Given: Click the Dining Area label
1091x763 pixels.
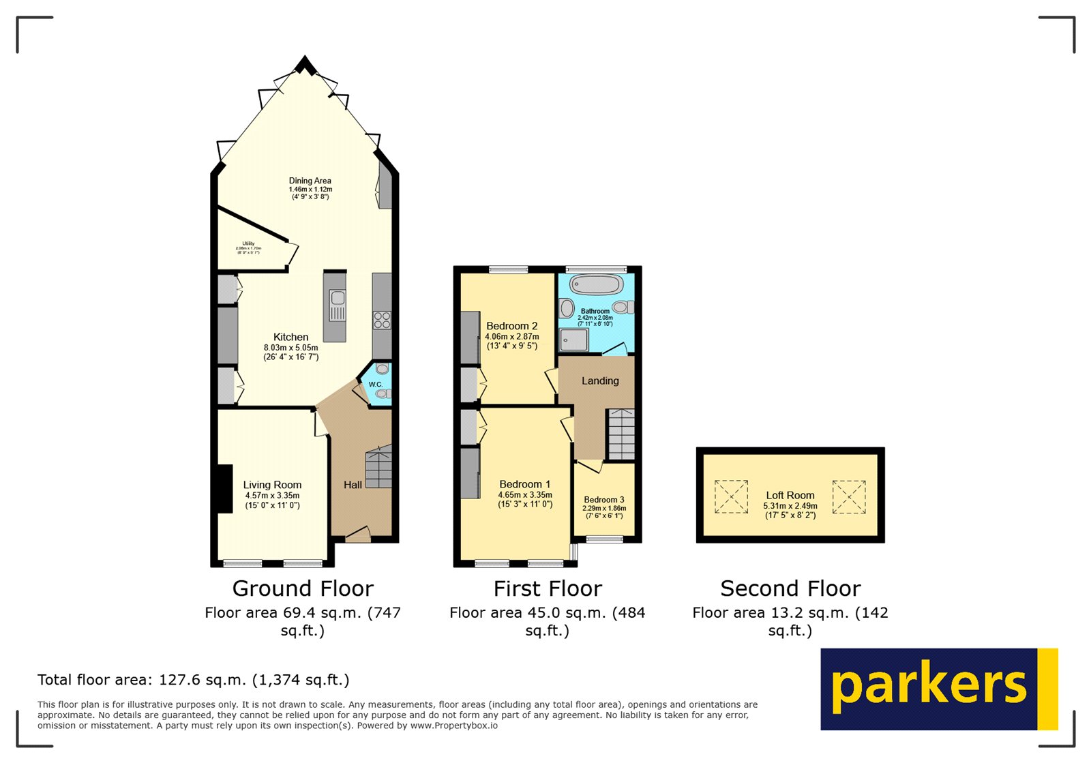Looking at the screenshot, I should (310, 181).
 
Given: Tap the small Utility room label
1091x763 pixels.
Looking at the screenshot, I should (248, 243).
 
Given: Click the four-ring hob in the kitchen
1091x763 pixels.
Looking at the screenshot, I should (382, 320).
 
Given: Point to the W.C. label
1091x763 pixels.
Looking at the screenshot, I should (376, 385).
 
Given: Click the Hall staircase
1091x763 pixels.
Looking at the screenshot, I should (378, 468).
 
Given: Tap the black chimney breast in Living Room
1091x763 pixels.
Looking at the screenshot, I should (224, 488).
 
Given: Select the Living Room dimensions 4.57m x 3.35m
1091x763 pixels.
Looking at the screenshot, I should (272, 496).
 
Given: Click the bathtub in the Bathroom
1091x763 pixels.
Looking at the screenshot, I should (597, 285).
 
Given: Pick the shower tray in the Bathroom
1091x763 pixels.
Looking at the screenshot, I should (573, 340).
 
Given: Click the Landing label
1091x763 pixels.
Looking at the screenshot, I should (600, 381).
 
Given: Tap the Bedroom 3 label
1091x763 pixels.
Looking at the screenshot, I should (603, 500).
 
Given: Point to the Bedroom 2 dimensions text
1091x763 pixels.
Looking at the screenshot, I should (511, 337).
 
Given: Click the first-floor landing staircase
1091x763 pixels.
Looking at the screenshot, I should (621, 434).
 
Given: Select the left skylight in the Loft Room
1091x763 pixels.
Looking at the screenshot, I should (731, 496).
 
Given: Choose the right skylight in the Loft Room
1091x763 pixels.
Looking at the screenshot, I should (849, 496).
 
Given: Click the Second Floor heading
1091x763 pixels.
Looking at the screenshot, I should (790, 588).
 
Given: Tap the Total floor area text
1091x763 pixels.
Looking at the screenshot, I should (193, 680).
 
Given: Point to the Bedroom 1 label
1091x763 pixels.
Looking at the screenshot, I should (524, 484).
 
